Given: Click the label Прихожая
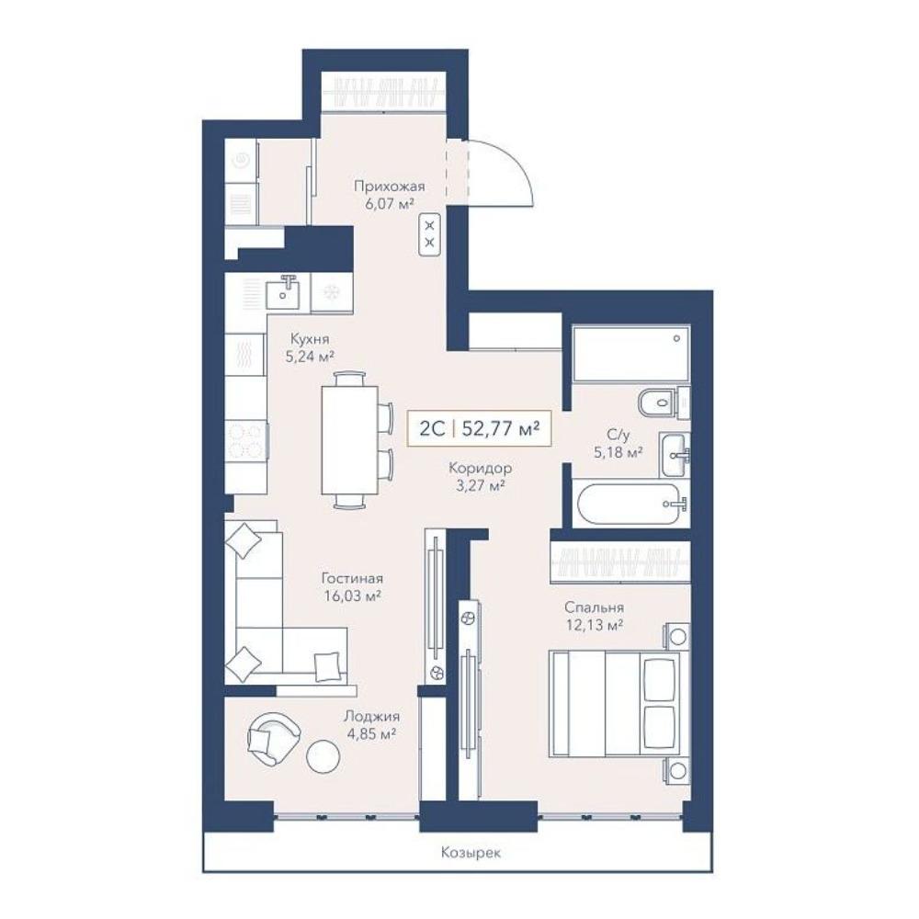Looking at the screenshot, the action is click(389, 187).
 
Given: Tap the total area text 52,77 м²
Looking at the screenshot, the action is click(501, 429).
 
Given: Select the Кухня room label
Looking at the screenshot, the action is click(310, 339).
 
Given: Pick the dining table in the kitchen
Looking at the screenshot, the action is click(349, 441).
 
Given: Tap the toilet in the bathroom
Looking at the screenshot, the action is click(663, 403).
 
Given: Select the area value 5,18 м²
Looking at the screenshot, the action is click(618, 452).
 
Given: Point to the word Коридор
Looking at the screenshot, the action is click(480, 469).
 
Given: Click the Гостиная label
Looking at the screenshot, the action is click(352, 578).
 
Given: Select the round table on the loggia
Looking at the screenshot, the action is click(323, 756).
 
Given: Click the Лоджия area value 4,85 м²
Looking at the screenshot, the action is click(371, 733).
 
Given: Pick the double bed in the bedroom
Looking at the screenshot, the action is click(616, 703).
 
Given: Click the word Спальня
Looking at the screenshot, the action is click(595, 607).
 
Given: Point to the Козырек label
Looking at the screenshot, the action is click(471, 853).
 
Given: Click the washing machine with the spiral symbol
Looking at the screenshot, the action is click(241, 160).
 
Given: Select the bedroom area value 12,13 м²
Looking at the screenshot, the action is click(595, 625).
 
